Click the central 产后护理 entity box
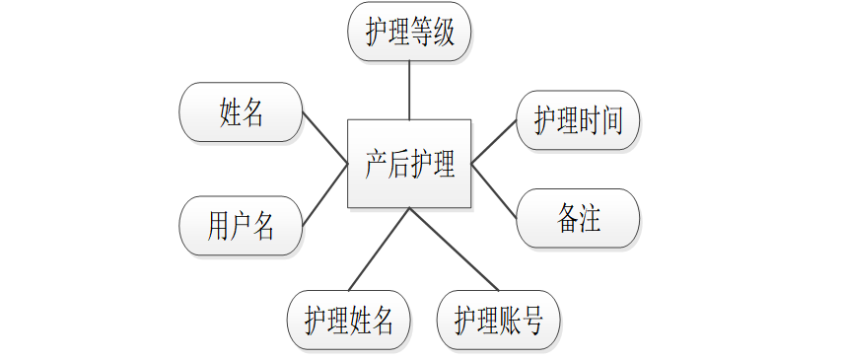point(409,164)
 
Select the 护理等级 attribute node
point(409,34)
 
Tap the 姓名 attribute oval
point(241,111)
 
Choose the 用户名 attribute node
point(241,226)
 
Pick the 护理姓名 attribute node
point(349,320)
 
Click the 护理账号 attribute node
point(499,320)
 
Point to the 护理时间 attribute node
point(578,121)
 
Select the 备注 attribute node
point(578,218)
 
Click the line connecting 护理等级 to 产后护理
point(409,90)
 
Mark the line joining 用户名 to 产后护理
point(324,194)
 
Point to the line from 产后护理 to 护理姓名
point(380,250)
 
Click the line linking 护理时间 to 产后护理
point(494,142)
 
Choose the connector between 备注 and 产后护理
point(494,189)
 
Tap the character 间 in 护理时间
point(611,121)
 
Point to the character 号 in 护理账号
point(531,320)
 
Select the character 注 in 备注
point(589,218)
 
